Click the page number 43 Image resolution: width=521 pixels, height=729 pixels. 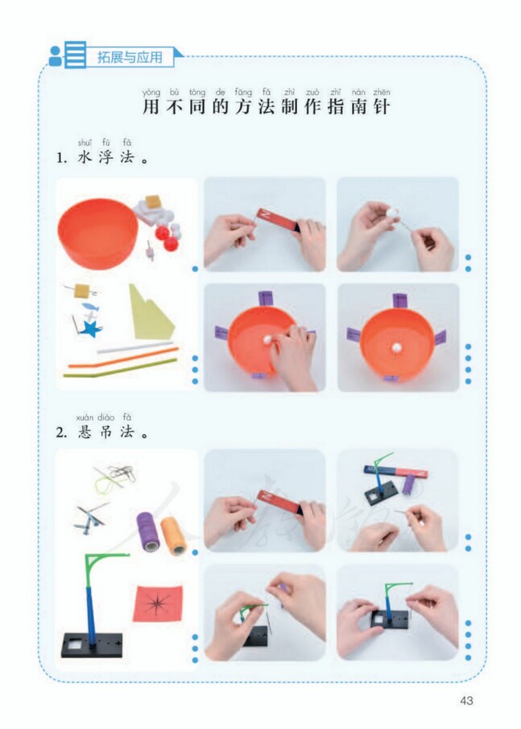466,700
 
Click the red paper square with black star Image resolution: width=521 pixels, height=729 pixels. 157,603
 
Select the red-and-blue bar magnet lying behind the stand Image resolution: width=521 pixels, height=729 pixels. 395,469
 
